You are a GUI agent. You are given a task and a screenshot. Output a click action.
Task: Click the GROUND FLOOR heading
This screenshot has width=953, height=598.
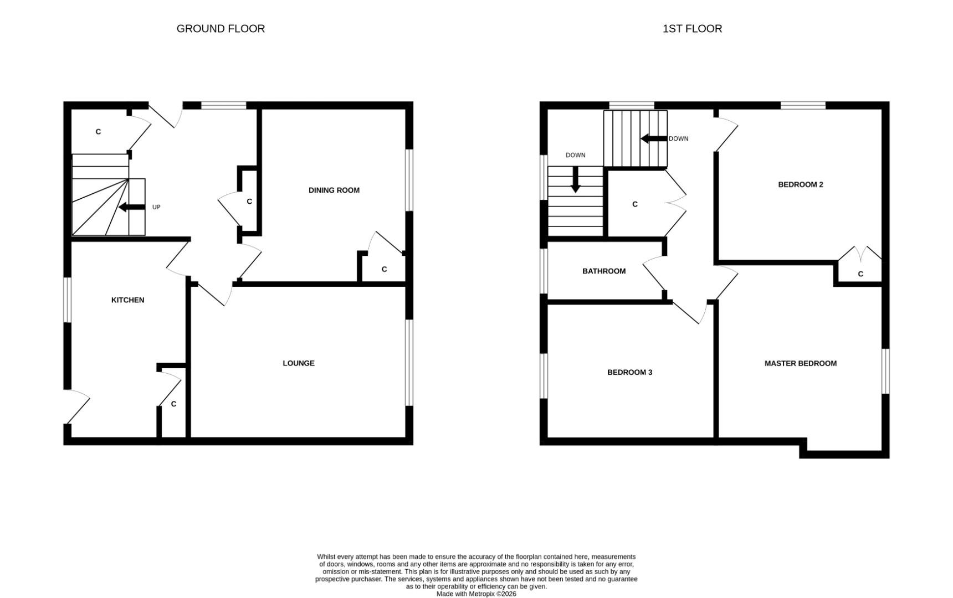[x=221, y=29]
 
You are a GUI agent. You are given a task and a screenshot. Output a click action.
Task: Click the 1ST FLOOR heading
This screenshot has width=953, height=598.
[x=692, y=29]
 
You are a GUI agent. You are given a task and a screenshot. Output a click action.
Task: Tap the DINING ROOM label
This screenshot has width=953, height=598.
[x=334, y=190]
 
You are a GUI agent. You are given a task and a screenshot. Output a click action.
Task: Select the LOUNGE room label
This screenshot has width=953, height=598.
[x=298, y=363]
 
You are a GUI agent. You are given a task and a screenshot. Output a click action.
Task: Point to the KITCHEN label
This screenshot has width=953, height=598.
[x=127, y=300]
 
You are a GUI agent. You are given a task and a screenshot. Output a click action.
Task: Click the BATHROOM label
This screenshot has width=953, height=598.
[x=603, y=271]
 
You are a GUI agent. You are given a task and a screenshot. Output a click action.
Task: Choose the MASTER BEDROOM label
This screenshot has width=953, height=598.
[x=800, y=363]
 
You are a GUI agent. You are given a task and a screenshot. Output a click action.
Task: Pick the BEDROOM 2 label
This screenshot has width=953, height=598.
[x=800, y=184]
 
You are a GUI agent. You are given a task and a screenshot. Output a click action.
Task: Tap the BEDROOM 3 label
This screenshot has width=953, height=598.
[x=629, y=372]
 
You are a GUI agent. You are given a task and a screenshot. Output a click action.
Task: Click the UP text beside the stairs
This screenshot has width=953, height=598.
[x=156, y=207]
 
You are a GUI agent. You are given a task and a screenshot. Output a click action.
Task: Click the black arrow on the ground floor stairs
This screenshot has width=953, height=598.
[x=131, y=207]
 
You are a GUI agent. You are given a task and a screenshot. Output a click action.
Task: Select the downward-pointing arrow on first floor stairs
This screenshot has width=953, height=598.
[x=575, y=179]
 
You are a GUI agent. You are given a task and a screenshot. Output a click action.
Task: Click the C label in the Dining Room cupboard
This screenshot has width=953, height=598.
[x=384, y=270]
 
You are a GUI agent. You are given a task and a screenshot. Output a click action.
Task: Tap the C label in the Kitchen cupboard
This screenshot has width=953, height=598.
[x=173, y=404]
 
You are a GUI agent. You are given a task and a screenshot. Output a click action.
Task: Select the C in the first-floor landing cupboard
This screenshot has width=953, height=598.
[x=634, y=204]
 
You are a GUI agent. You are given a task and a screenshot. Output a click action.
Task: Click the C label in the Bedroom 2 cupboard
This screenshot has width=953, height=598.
[x=860, y=274]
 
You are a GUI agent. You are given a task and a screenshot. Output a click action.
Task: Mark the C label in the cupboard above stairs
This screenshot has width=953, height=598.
[x=98, y=132]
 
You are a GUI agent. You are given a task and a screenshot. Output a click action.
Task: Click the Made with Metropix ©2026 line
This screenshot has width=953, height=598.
[x=476, y=594]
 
